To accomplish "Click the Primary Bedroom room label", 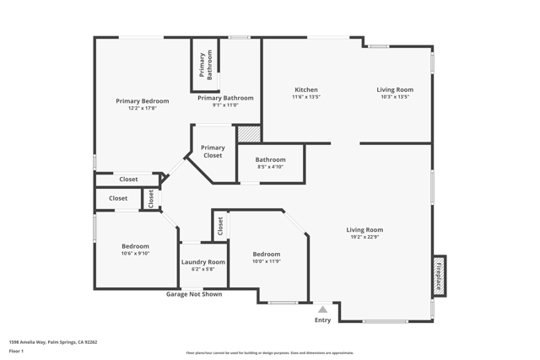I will coord(143,100).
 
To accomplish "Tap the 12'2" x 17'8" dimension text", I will coord(143,108).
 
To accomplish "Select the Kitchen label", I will coord(305,89).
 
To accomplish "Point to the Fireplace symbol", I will coord(439,275).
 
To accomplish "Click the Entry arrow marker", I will coord(322,309).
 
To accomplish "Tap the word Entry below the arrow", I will coord(322,320).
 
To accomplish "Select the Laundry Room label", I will coord(203,262).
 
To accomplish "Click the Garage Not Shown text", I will coord(194,294).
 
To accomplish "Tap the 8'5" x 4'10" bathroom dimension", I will coord(271,167).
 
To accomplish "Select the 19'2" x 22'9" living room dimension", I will coord(364,237).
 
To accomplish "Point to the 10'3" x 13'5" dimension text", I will coord(395,97).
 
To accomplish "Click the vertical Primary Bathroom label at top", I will coord(205,64).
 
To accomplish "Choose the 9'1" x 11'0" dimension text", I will coord(224,105).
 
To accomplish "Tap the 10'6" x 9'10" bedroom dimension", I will coord(135,253).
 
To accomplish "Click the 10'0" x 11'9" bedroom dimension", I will coord(267,261).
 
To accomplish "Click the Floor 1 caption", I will coord(17,351).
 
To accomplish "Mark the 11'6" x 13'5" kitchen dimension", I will coord(305,97).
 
